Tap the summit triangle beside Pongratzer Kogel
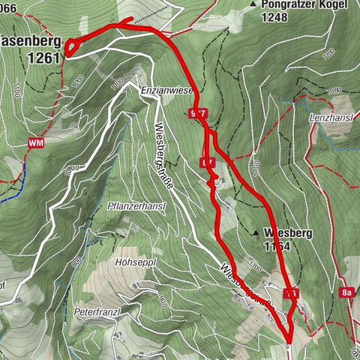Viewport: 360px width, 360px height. coord(255,4)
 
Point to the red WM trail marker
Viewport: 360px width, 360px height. coord(35,142)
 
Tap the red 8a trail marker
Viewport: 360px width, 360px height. coord(345,294)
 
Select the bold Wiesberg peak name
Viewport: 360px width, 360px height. coord(288,232)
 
